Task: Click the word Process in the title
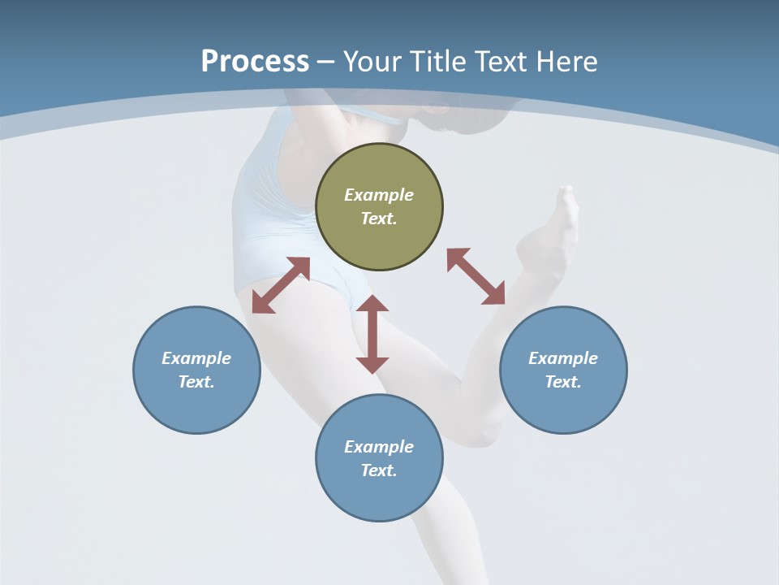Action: (x=255, y=62)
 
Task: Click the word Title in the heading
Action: (x=437, y=62)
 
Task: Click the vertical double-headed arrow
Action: (x=372, y=334)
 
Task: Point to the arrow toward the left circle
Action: (x=281, y=285)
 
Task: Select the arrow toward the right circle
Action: (x=476, y=276)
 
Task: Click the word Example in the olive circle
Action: (x=379, y=195)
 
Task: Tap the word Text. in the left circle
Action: (x=196, y=382)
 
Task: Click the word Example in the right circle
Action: (x=563, y=358)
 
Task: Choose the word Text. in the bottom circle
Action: (x=379, y=470)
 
